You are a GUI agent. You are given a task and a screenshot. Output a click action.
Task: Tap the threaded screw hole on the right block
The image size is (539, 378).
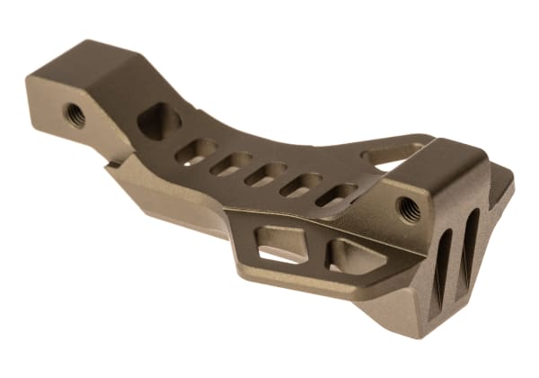click(408, 208)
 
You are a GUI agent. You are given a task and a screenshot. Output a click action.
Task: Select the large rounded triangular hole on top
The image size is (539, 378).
click(160, 121)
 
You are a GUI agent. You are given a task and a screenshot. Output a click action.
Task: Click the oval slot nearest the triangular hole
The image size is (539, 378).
click(196, 150)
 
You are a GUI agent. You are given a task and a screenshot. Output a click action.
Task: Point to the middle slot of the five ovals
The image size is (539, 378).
click(266, 173)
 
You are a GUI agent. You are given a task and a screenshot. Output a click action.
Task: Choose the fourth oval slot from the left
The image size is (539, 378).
click(301, 184)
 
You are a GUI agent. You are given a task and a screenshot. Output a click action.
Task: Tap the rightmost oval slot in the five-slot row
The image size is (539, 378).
click(336, 193)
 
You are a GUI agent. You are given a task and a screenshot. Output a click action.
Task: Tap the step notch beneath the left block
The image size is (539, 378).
click(111, 165)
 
